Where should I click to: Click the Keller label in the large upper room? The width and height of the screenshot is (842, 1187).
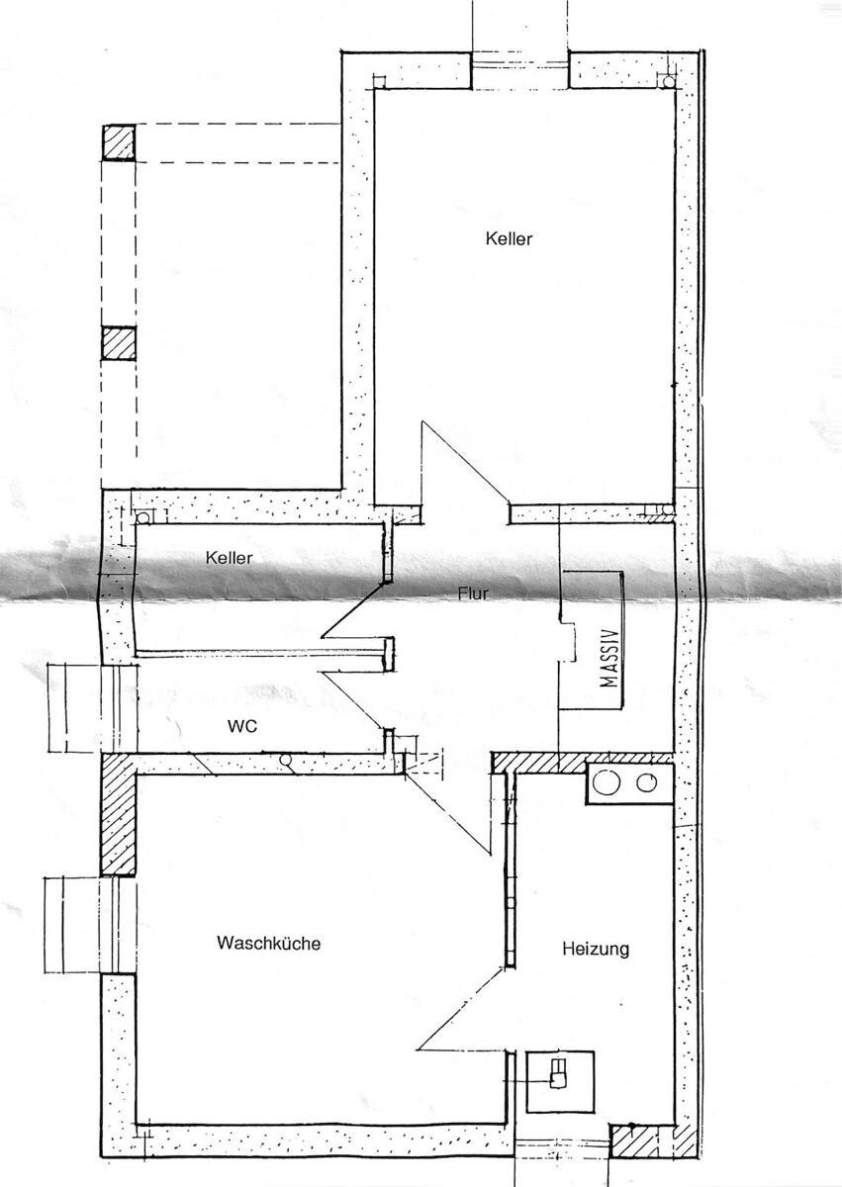(509, 239)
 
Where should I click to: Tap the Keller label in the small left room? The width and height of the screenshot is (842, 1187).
(229, 558)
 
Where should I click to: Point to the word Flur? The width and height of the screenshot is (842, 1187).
(473, 593)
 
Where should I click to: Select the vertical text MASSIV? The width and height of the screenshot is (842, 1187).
(610, 658)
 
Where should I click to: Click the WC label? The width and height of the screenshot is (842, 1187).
(242, 726)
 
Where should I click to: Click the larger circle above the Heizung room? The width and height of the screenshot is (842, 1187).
(607, 782)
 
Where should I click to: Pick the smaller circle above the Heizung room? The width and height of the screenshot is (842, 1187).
(646, 782)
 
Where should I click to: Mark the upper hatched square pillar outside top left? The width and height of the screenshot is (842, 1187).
(118, 142)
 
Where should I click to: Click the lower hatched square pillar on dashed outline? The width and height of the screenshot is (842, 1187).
(118, 343)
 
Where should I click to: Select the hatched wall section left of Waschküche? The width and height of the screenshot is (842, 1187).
(118, 814)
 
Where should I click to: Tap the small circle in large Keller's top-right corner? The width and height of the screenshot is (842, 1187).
(668, 81)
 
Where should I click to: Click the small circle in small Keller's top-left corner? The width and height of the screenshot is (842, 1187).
(143, 517)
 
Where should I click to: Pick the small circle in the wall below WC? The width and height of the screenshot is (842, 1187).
(286, 760)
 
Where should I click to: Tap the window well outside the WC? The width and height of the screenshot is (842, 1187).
(74, 707)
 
